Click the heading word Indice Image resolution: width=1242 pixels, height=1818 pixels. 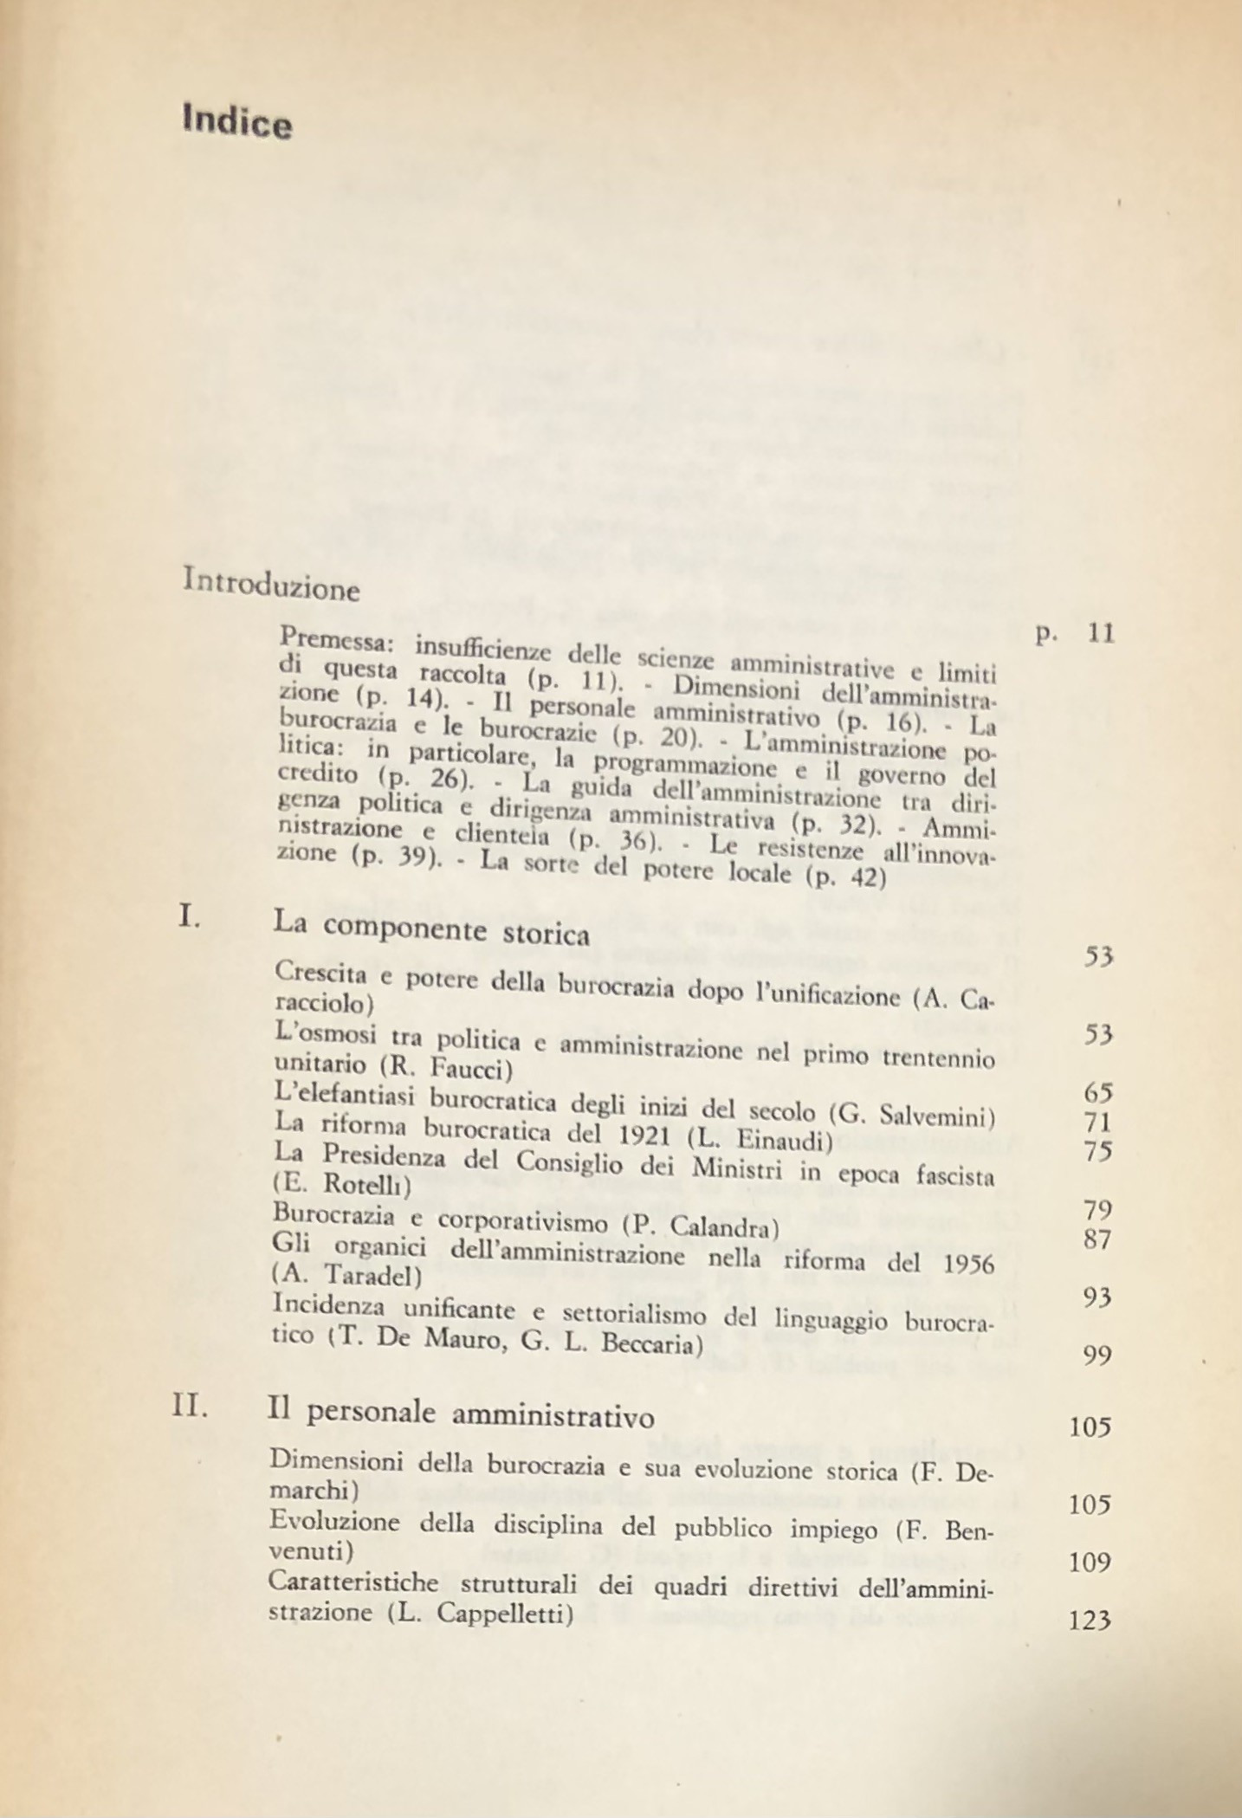tap(237, 121)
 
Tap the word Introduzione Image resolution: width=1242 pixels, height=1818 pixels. tap(271, 585)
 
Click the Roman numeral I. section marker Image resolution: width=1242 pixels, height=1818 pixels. tap(189, 917)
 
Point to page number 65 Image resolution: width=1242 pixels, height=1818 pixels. tap(1097, 1092)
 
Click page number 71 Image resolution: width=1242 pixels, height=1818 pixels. tap(1097, 1123)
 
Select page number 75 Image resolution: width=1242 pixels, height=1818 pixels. tap(1097, 1153)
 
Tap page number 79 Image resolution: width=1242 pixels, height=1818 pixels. tap(1097, 1209)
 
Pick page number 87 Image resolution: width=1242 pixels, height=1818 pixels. tap(1097, 1239)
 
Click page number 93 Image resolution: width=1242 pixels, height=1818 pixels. tap(1097, 1297)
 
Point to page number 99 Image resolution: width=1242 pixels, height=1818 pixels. tap(1097, 1355)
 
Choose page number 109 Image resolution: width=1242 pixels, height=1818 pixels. tap(1090, 1562)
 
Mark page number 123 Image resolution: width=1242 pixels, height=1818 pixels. tap(1090, 1620)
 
